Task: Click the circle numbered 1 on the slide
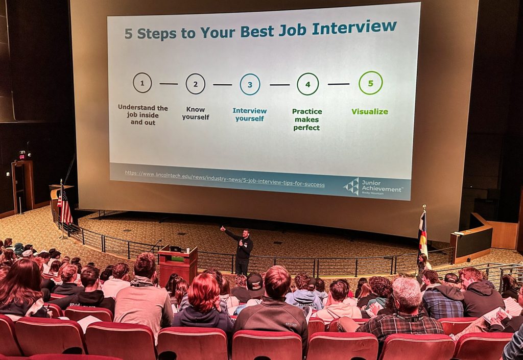[x=133, y=83]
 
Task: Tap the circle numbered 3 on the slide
[x=240, y=84]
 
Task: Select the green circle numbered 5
[x=359, y=83]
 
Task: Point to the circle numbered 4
[x=297, y=84]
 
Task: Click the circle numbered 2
[x=186, y=84]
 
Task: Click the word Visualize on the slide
[x=370, y=112]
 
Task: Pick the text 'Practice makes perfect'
[x=307, y=119]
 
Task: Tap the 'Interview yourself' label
[x=249, y=115]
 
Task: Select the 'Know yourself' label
[x=196, y=113]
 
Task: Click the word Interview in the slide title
[x=354, y=28]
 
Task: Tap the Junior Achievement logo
[x=372, y=187]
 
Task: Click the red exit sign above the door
[x=22, y=155]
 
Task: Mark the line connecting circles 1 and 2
[x=169, y=84]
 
